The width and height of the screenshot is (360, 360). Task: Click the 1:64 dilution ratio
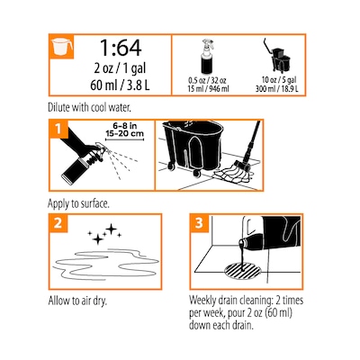(x=121, y=48)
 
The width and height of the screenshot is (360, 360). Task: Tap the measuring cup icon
(x=62, y=47)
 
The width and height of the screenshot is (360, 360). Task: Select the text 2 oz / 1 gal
(x=120, y=68)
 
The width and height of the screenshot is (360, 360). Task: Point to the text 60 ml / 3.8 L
(x=120, y=85)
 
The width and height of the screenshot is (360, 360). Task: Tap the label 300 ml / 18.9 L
(x=277, y=89)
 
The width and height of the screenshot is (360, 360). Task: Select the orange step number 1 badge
(x=58, y=129)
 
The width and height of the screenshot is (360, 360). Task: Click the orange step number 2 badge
(x=58, y=223)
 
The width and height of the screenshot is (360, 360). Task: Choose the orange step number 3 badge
(x=199, y=223)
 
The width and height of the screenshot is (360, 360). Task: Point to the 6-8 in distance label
(x=124, y=126)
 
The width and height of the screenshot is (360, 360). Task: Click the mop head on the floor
(x=233, y=175)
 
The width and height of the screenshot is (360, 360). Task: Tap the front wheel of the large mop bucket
(x=196, y=173)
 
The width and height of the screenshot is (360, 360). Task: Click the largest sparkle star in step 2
(x=112, y=229)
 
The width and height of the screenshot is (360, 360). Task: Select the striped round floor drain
(x=242, y=270)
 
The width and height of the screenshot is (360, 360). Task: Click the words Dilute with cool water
(x=89, y=107)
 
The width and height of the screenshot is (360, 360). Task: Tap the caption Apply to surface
(x=78, y=203)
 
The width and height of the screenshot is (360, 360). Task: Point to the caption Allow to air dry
(x=77, y=301)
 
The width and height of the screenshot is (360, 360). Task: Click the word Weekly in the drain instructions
(x=204, y=301)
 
